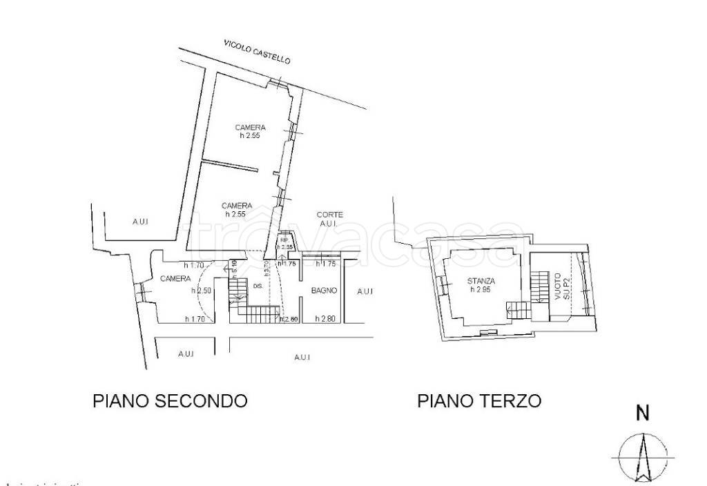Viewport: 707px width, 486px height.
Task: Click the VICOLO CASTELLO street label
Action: (x=257, y=52)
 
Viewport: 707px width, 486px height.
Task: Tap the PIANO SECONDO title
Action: (x=170, y=401)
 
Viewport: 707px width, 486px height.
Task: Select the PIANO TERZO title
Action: (x=479, y=401)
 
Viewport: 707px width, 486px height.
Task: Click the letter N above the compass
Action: (x=642, y=414)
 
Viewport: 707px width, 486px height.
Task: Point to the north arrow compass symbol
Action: (x=643, y=457)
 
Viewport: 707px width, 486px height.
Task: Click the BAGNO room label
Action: (x=324, y=291)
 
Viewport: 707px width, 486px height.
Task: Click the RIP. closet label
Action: (x=284, y=241)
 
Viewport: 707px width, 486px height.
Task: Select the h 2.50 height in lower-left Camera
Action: (x=201, y=291)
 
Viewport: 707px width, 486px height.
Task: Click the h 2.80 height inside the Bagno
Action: (x=325, y=319)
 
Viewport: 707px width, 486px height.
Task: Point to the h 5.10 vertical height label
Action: (x=234, y=265)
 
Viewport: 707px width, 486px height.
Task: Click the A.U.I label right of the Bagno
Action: (x=365, y=292)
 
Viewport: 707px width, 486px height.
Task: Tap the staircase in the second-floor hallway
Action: (x=257, y=314)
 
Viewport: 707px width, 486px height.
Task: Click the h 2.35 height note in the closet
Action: (x=287, y=247)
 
